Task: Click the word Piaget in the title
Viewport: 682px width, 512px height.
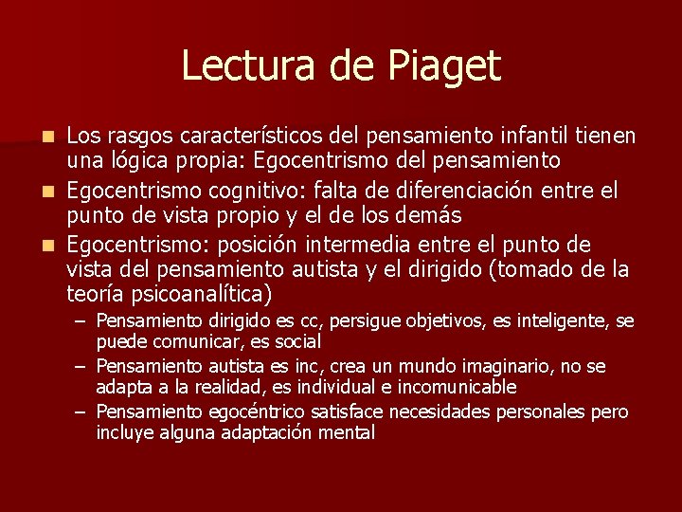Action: (x=442, y=66)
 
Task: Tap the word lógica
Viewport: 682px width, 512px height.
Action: (x=137, y=160)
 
